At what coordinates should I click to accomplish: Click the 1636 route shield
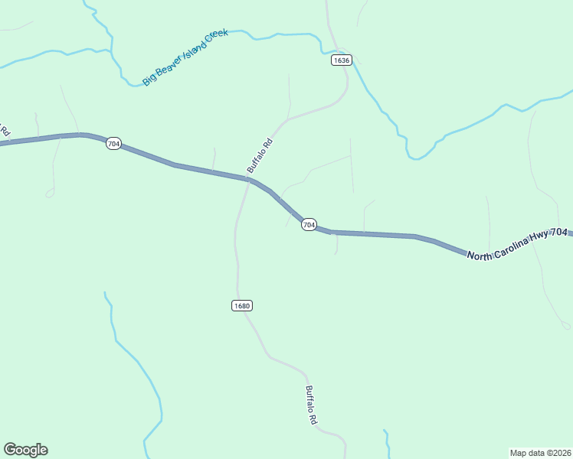click(342, 60)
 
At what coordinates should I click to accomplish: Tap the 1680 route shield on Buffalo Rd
click(241, 306)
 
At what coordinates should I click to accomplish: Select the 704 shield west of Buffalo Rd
click(113, 144)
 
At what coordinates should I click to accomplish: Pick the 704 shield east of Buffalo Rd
click(308, 225)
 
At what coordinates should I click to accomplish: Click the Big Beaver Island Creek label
click(185, 57)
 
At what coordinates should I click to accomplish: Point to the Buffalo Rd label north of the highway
click(260, 155)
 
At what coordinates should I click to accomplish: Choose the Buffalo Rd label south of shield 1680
click(311, 405)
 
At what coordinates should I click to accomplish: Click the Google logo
click(25, 450)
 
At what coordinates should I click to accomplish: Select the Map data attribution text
click(540, 452)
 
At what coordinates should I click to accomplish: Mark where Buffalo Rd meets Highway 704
click(248, 180)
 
